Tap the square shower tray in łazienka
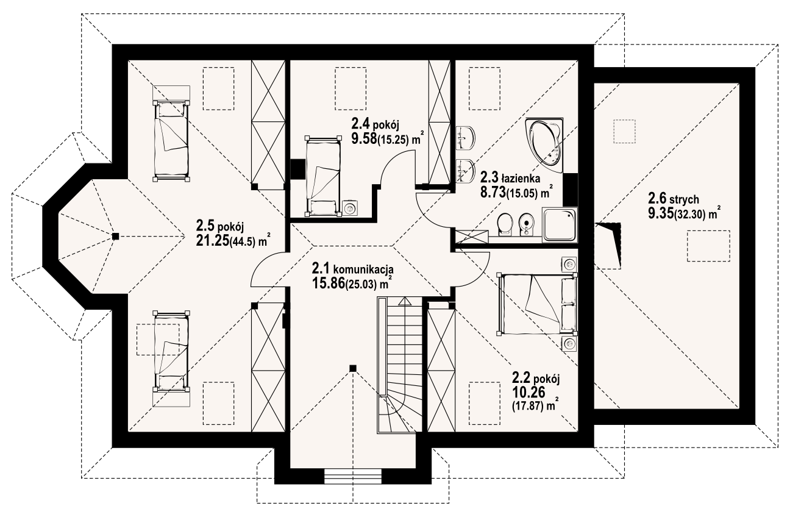coord(560,224)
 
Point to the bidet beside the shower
coord(526,224)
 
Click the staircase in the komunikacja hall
coord(400,365)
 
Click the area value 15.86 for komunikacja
coord(327,283)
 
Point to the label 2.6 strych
coord(673,199)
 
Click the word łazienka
coord(520,179)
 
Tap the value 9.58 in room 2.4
coord(364,138)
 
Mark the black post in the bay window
coord(115,237)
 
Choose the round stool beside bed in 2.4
coord(351,208)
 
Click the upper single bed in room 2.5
coord(171,141)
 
